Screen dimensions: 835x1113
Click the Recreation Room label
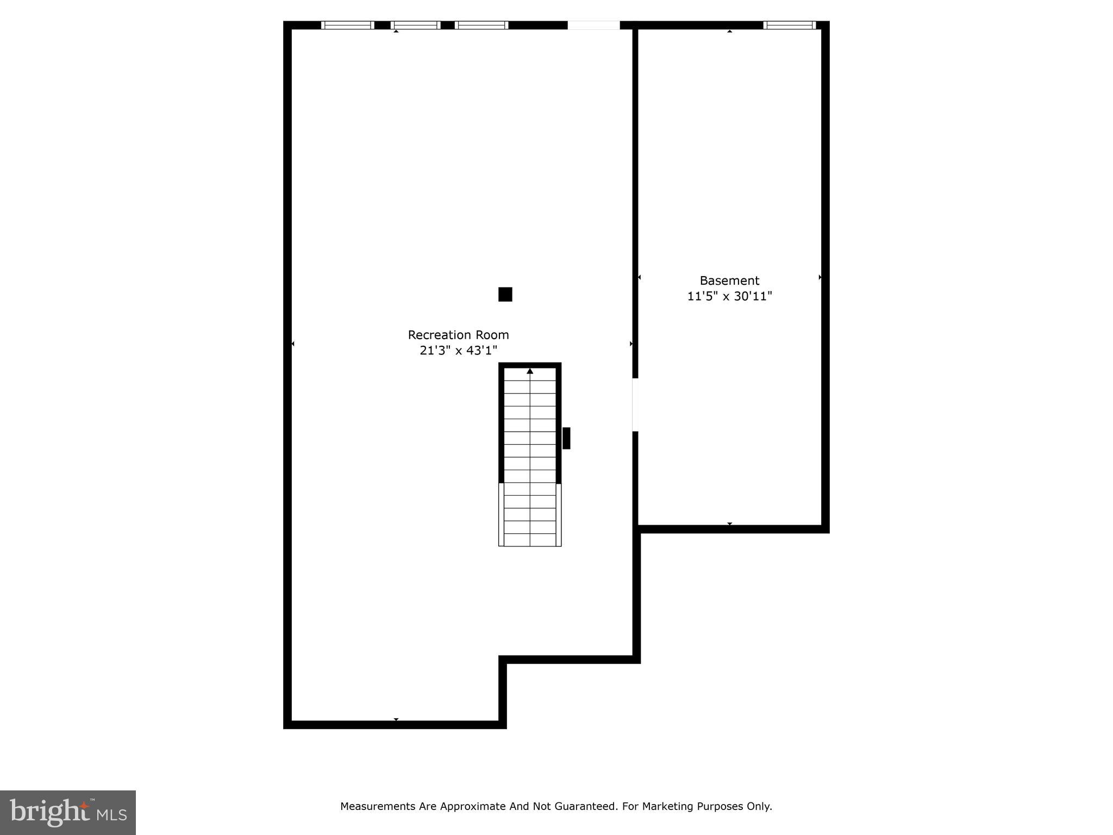click(x=458, y=335)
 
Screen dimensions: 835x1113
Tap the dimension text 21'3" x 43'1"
click(x=458, y=351)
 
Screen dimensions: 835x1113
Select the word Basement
click(x=729, y=281)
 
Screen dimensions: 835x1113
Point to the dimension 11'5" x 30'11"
click(x=729, y=296)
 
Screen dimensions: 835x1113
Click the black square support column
click(x=505, y=294)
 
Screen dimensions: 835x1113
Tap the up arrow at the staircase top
click(x=530, y=371)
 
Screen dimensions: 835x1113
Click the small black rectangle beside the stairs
click(x=566, y=438)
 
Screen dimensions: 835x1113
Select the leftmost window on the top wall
click(x=347, y=25)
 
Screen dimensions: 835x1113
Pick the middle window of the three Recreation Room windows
click(x=415, y=25)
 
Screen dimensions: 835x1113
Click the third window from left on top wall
click(x=481, y=25)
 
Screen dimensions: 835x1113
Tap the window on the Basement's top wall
click(x=789, y=25)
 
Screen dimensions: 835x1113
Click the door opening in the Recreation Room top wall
click(x=593, y=25)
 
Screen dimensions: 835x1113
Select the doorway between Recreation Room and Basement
click(x=635, y=405)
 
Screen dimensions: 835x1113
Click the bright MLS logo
click(x=68, y=812)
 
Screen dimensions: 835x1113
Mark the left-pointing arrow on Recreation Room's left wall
click(x=293, y=344)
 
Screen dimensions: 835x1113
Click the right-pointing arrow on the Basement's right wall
click(x=820, y=277)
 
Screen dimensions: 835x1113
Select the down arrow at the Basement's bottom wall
click(x=729, y=524)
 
